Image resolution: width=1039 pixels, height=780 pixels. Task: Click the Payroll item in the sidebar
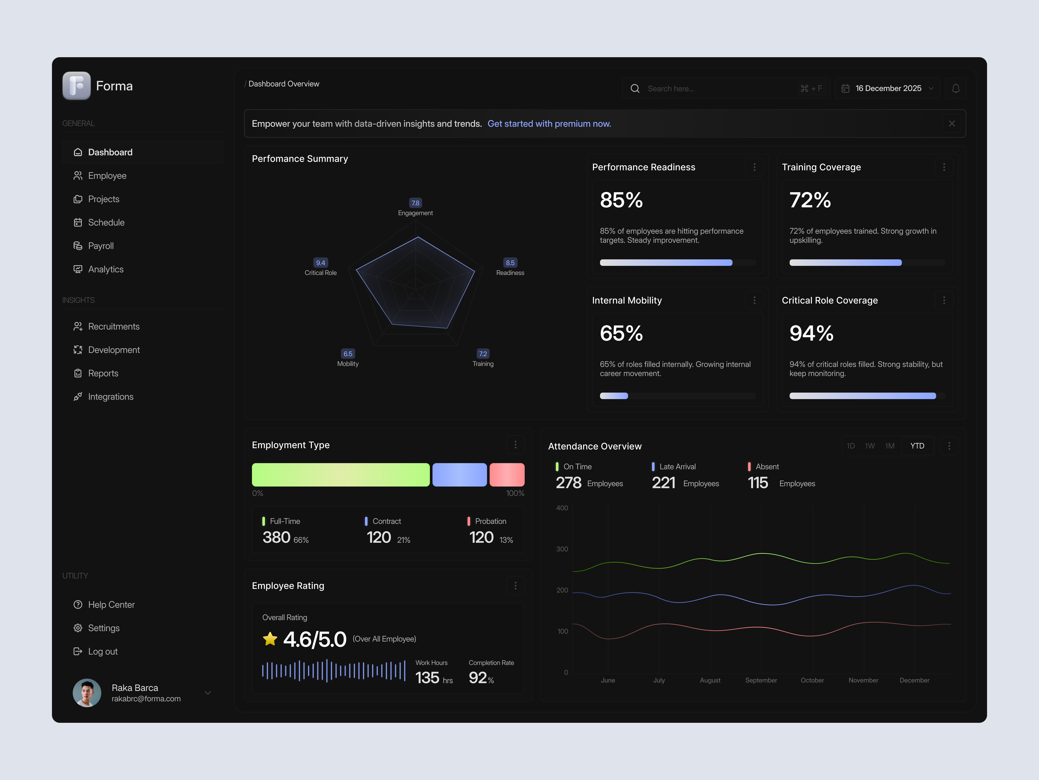point(100,246)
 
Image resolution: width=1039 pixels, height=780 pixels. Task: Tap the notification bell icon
point(955,88)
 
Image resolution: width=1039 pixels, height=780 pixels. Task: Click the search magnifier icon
point(635,88)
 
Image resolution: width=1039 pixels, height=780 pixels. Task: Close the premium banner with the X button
point(952,124)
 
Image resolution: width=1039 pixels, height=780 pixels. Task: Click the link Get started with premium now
point(549,124)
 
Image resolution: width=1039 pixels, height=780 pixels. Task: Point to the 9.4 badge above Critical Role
point(320,263)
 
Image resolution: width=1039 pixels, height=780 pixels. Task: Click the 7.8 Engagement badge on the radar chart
point(415,203)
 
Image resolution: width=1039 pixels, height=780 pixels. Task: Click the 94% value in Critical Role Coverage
point(811,333)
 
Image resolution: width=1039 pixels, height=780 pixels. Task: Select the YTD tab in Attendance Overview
point(917,446)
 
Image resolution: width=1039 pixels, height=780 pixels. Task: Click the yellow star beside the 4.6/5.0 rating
point(270,639)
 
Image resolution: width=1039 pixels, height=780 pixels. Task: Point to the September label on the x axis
point(761,680)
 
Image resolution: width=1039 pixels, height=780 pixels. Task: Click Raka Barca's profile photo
point(87,692)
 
